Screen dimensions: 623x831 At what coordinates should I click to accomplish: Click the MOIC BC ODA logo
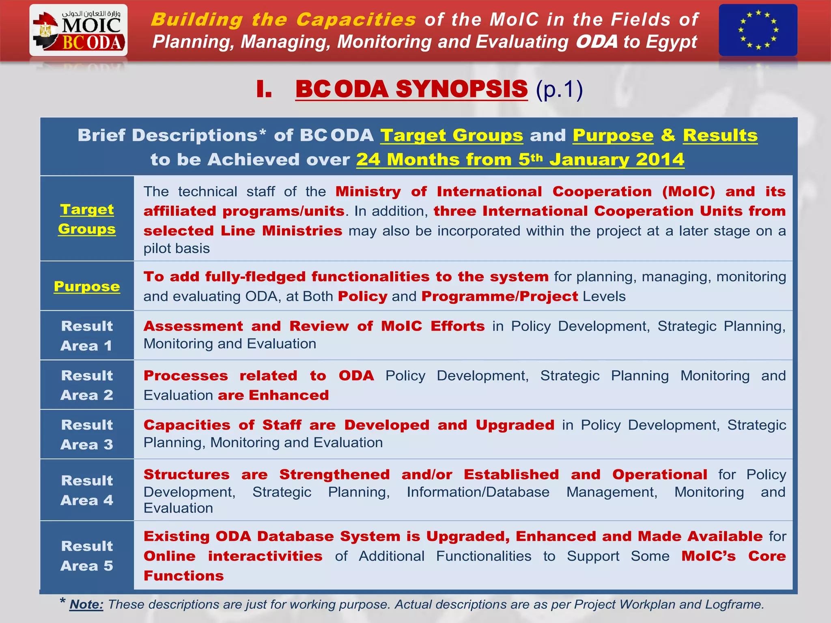[78, 30]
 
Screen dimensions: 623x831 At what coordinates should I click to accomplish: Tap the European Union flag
[758, 30]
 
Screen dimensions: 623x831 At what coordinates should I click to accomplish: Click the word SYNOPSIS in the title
[461, 89]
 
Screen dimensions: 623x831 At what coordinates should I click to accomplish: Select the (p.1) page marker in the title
[559, 89]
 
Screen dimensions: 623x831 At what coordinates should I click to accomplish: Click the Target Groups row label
[87, 219]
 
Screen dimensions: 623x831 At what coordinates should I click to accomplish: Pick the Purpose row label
[87, 286]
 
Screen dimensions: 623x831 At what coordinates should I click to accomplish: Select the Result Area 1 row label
[87, 335]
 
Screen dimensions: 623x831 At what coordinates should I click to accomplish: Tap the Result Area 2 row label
[87, 385]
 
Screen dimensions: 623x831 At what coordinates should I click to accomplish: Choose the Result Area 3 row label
[87, 434]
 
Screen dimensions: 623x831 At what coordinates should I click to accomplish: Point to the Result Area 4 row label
[87, 490]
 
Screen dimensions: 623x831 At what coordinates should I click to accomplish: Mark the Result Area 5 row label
[87, 556]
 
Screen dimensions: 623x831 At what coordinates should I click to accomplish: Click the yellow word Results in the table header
[720, 135]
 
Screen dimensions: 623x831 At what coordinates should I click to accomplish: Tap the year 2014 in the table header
[660, 159]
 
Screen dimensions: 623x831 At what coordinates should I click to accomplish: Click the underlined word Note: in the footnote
[86, 604]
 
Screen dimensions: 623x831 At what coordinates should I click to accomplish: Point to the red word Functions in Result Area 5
[183, 576]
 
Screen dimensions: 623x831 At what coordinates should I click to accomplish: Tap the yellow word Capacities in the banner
[356, 19]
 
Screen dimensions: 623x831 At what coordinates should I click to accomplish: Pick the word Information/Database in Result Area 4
[478, 492]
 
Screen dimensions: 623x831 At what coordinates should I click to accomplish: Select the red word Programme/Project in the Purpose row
[499, 296]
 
